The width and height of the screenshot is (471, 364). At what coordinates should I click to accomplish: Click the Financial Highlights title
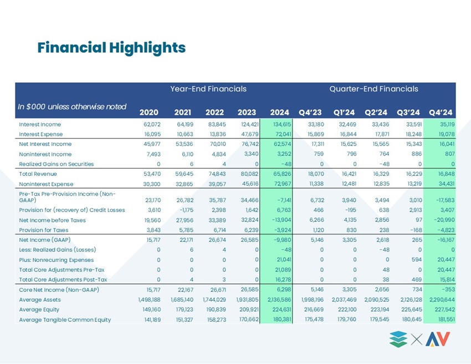click(x=111, y=48)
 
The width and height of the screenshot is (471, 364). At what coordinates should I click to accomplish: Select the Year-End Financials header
click(x=208, y=89)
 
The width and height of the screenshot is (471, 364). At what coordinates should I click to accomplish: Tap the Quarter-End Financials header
click(x=373, y=89)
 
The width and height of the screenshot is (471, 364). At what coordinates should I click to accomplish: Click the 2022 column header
click(x=214, y=113)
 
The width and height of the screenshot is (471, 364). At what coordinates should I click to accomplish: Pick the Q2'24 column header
click(x=376, y=113)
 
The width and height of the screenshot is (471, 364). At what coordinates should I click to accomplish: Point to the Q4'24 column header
click(x=441, y=113)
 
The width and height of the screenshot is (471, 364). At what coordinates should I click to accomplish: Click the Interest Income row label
click(x=40, y=124)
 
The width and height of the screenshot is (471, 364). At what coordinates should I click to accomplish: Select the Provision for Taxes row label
click(x=44, y=230)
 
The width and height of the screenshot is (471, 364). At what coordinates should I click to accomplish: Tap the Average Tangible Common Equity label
click(x=65, y=320)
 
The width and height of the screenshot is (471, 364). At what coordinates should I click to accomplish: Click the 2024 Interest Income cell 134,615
click(x=282, y=124)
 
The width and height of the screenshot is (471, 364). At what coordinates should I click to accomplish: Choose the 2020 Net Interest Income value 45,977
click(x=152, y=144)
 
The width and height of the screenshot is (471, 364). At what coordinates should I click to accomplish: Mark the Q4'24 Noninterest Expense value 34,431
click(x=447, y=184)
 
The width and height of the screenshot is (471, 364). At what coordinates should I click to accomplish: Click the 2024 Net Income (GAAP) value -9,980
click(x=283, y=240)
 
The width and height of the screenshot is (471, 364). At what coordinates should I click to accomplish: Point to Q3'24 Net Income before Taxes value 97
click(x=419, y=220)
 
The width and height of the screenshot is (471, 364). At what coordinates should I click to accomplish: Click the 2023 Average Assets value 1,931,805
click(x=247, y=300)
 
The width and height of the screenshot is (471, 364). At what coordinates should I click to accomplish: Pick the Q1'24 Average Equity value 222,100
click(x=347, y=310)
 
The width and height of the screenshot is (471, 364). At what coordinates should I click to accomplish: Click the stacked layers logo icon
click(x=398, y=340)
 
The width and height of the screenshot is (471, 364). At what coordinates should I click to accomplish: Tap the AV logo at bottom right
click(x=438, y=339)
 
